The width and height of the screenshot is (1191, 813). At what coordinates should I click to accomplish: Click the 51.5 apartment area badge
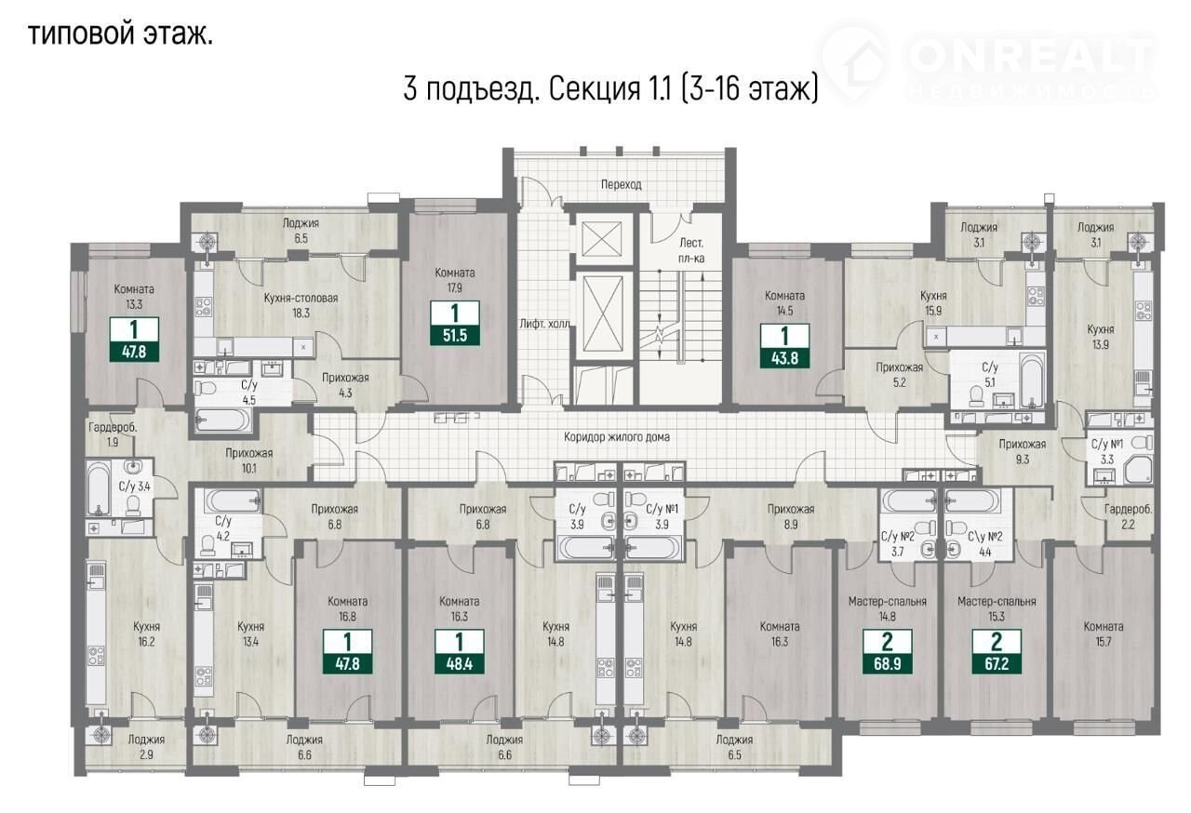[455, 323]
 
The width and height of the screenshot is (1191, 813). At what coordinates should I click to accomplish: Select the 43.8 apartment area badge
[784, 346]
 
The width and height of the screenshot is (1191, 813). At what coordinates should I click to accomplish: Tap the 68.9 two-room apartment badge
[887, 652]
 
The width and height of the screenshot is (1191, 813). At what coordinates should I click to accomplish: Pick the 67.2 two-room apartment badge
[997, 652]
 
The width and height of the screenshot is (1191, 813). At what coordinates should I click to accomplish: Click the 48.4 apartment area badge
[460, 652]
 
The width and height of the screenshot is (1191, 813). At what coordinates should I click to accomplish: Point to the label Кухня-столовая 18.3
[301, 305]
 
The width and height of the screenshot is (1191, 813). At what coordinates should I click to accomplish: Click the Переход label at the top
[621, 184]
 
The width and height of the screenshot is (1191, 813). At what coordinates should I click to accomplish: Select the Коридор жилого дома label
[617, 437]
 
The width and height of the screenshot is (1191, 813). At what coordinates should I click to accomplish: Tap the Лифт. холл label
[544, 324]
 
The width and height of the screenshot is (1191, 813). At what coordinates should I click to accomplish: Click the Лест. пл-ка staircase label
[691, 251]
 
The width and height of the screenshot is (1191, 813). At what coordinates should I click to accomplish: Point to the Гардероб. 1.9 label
[113, 434]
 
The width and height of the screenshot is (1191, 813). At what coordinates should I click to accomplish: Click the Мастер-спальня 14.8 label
[888, 609]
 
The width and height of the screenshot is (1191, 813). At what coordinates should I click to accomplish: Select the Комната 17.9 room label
[455, 280]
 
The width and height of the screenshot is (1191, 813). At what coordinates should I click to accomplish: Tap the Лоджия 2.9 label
[146, 747]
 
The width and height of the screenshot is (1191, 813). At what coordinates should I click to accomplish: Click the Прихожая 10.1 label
[248, 460]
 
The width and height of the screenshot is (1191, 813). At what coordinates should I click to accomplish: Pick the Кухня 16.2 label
[147, 633]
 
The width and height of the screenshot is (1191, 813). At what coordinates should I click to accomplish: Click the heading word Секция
[594, 89]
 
